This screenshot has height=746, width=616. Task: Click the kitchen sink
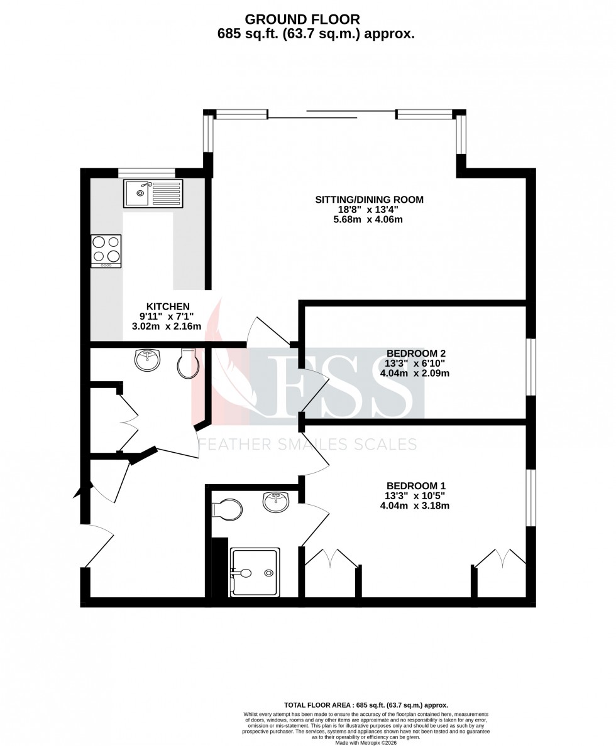(153, 193)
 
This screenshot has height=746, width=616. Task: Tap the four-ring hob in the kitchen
(106, 251)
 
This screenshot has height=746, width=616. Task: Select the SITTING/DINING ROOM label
(369, 200)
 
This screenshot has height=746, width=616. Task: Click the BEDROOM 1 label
(415, 485)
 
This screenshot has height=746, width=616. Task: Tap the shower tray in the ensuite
(255, 571)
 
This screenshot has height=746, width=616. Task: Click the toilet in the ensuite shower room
(228, 509)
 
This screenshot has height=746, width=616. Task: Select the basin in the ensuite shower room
(275, 502)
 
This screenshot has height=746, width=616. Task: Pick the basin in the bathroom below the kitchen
(148, 359)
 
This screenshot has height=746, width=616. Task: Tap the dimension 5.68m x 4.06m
(368, 220)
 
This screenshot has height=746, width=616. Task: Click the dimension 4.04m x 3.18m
(414, 505)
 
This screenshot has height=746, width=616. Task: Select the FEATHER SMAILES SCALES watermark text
(308, 445)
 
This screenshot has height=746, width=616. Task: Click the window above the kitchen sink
(146, 173)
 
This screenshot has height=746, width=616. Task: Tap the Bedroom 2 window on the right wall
(531, 367)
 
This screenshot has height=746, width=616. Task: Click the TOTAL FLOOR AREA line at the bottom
(366, 705)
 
